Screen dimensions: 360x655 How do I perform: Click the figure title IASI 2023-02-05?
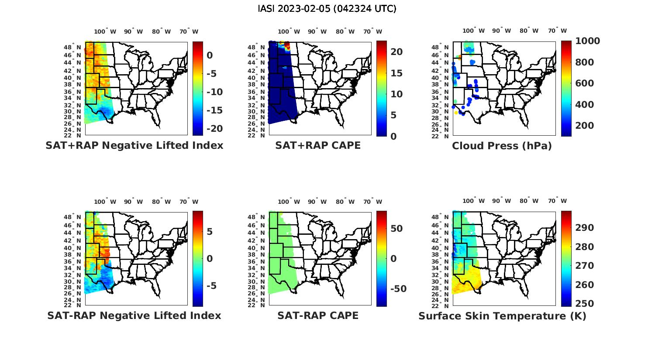[327, 9]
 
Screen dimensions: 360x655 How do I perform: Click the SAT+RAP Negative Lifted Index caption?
[134, 145]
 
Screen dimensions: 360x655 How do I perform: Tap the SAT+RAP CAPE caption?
[318, 145]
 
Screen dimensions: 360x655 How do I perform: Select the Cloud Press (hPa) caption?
[502, 146]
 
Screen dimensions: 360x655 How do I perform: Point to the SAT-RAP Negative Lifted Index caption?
[134, 315]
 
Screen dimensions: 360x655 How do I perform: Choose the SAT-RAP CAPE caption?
[318, 315]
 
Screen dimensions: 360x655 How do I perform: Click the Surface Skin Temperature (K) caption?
[502, 316]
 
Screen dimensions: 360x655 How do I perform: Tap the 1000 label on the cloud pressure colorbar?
[587, 41]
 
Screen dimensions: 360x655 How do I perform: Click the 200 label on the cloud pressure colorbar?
[585, 126]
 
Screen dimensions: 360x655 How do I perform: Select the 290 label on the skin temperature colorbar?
[585, 228]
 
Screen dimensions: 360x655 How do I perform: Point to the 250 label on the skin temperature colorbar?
[585, 304]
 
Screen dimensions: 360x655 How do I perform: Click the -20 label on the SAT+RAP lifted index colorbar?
[214, 129]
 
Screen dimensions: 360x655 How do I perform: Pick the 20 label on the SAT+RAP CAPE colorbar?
[396, 52]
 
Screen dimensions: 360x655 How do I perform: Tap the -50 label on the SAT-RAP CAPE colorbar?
[398, 289]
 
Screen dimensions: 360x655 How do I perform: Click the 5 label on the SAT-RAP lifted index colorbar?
[210, 231]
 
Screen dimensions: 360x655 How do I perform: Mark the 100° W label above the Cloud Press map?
[473, 31]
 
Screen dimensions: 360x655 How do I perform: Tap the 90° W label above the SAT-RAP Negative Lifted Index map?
[133, 202]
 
